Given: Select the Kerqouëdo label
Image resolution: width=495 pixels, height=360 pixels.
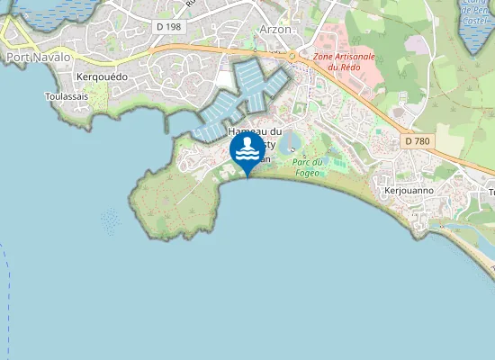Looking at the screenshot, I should [x=103, y=77].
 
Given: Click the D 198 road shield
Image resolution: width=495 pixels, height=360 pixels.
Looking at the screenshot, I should [x=168, y=27].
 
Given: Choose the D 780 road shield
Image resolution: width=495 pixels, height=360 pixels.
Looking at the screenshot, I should [x=418, y=141].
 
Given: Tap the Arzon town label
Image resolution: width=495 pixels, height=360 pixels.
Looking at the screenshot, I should [x=275, y=29].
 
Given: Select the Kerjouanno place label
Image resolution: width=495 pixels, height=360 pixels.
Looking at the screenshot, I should [x=409, y=191].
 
